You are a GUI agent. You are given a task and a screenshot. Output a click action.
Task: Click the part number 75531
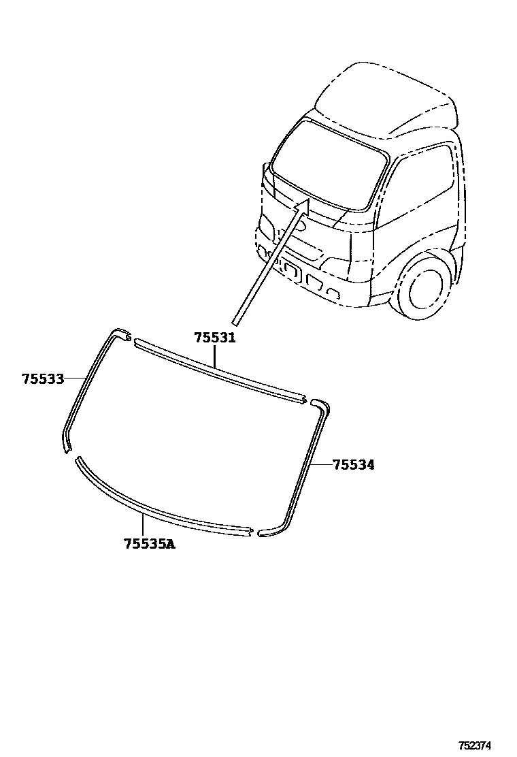[x=214, y=338]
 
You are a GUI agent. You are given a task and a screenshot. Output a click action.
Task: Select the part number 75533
[x=42, y=379]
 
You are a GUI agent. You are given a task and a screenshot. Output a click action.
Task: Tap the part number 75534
[x=353, y=465]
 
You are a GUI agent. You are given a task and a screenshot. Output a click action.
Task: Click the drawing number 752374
[x=474, y=745]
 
